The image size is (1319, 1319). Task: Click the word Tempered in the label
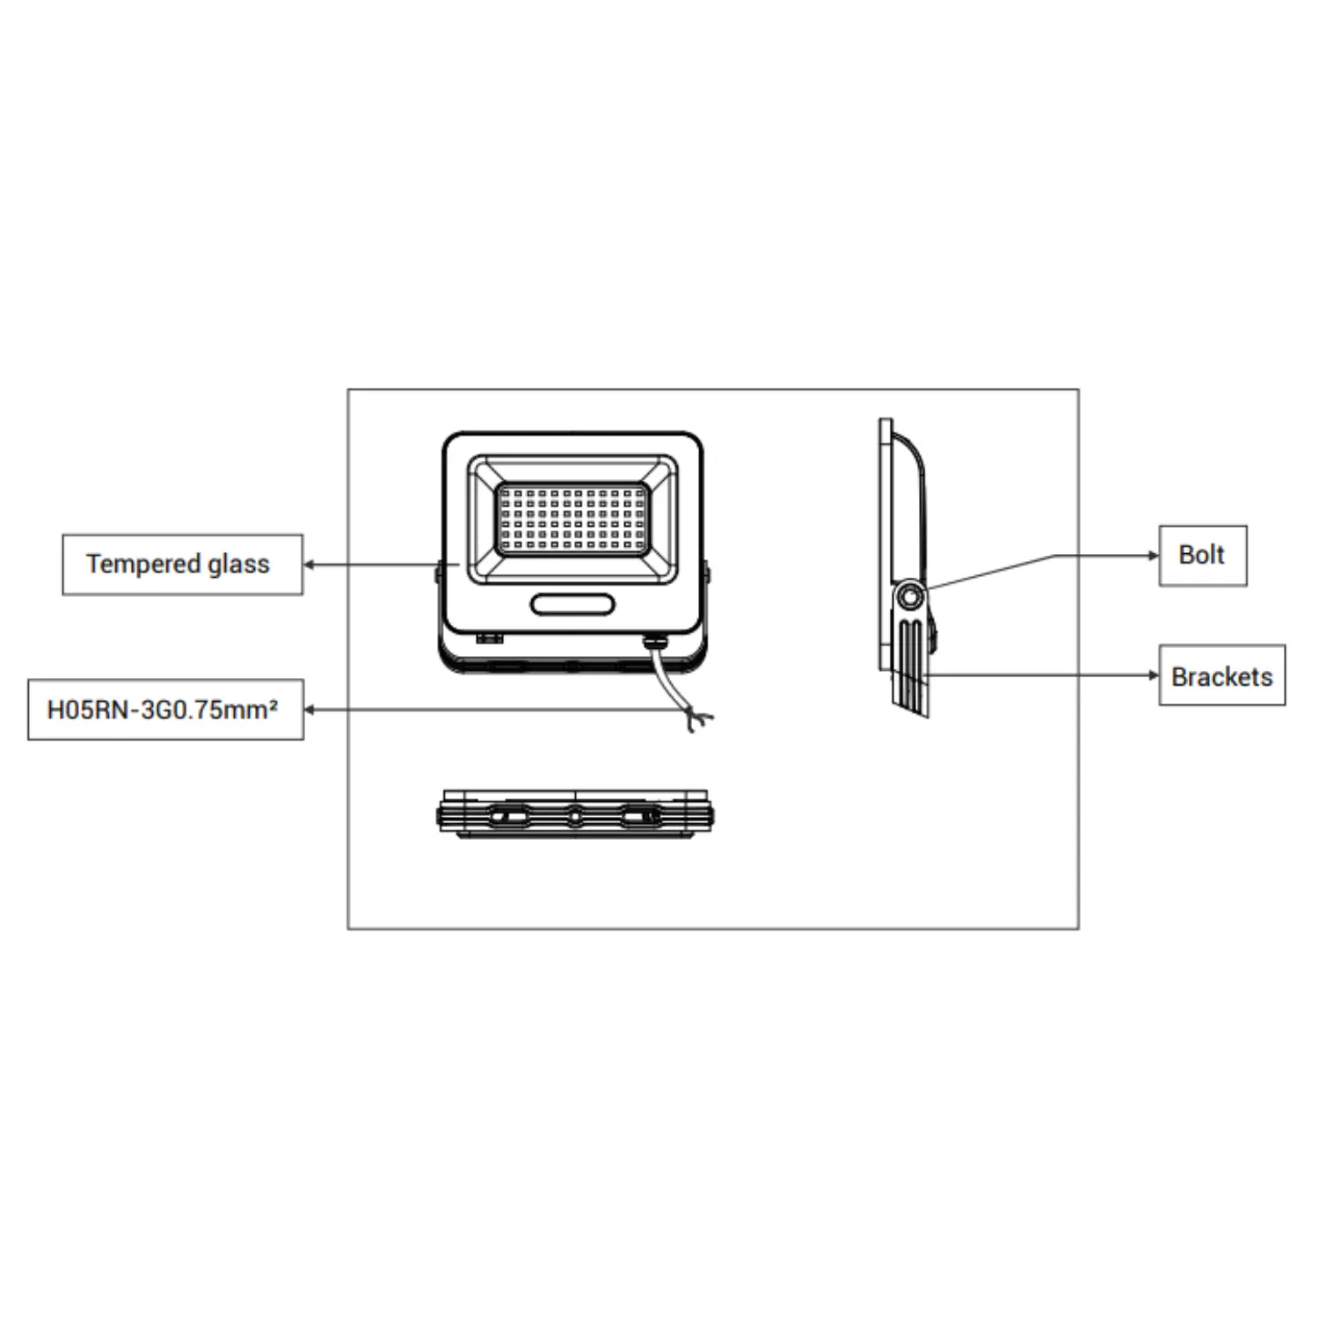(142, 564)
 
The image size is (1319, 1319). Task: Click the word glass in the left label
(238, 564)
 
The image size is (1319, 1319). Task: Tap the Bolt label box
(1202, 556)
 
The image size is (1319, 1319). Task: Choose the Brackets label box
(1221, 676)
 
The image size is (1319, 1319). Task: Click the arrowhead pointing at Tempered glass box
(310, 565)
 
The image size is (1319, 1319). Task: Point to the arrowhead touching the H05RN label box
(310, 710)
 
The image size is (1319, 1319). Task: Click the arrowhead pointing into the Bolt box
(1154, 556)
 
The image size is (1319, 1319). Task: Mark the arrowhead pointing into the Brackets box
(1154, 675)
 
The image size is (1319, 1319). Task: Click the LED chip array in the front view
(572, 519)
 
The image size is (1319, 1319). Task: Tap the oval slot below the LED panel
(572, 604)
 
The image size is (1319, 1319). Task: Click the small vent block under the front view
(489, 638)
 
